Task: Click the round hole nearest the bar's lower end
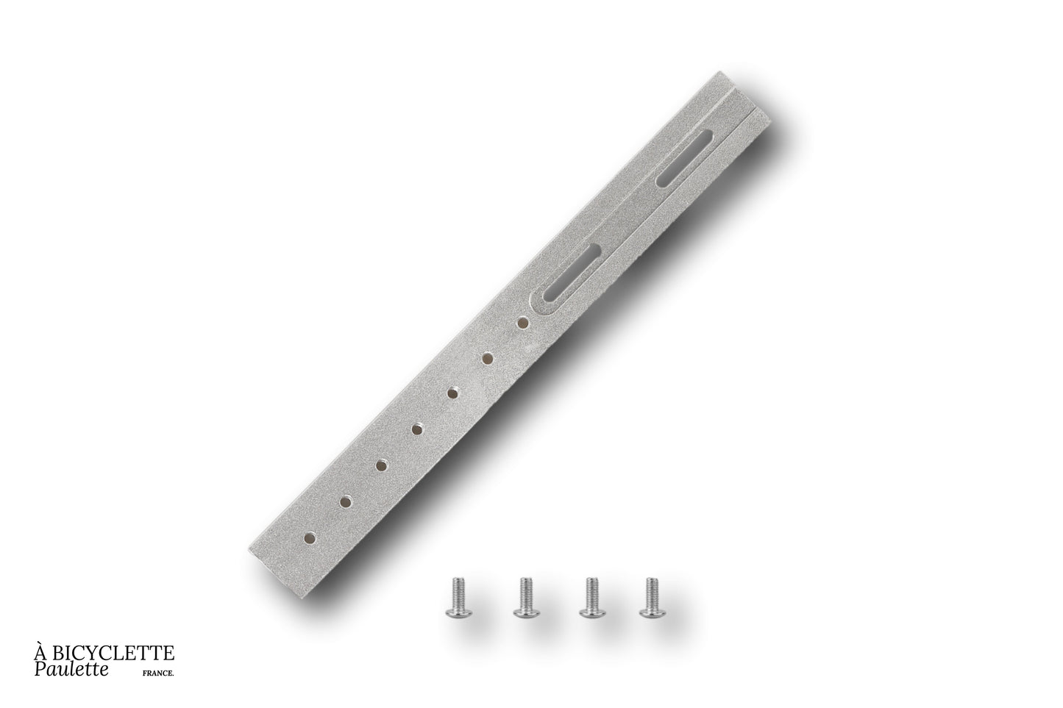pos(310,537)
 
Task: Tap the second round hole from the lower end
pos(346,501)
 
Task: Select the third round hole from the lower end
pos(380,465)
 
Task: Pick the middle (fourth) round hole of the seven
pos(417,429)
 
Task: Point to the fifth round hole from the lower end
pos(452,393)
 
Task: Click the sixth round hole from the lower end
pos(486,358)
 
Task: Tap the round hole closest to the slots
pos(522,323)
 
